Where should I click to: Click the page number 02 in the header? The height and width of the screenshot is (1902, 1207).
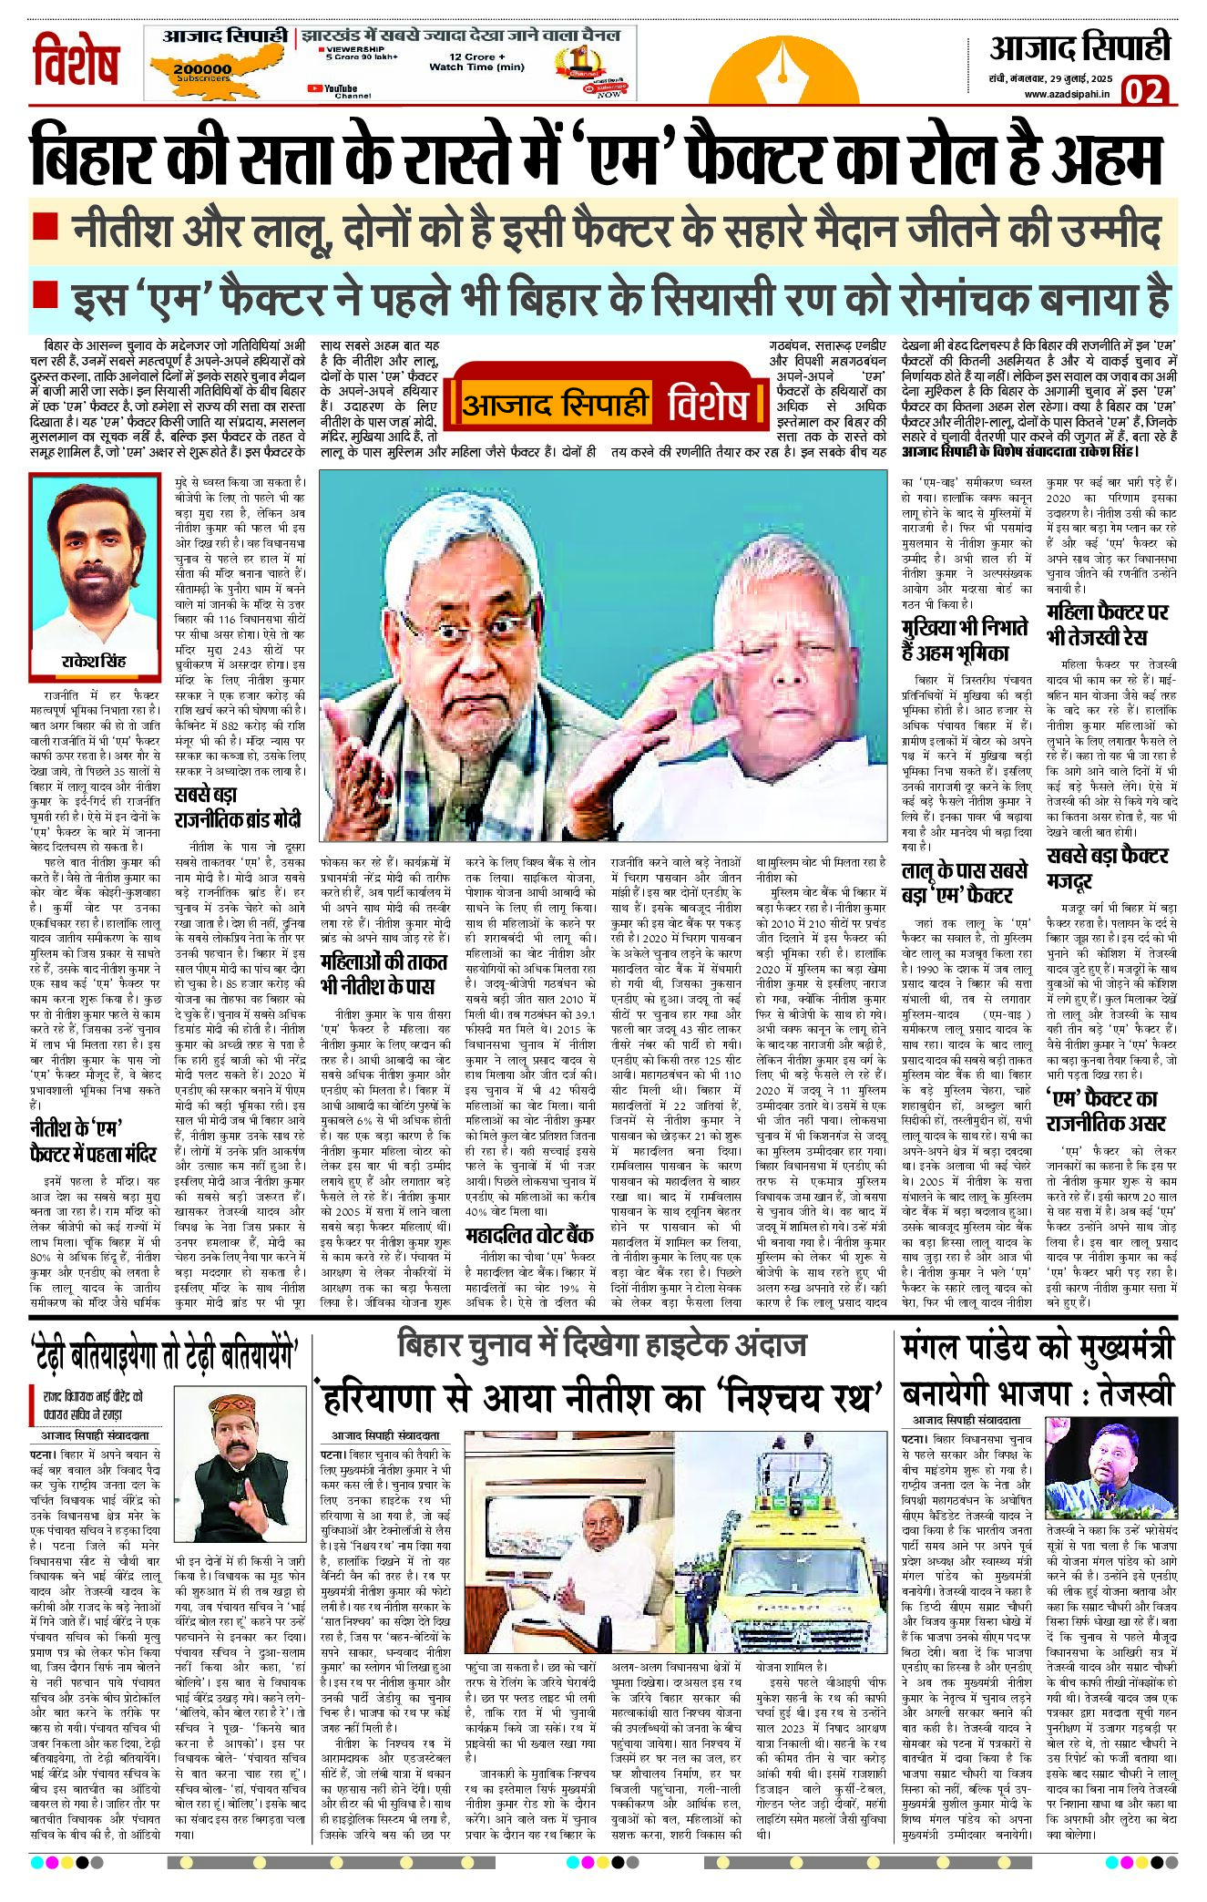tap(1143, 92)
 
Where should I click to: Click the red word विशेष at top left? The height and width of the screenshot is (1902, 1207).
tap(76, 63)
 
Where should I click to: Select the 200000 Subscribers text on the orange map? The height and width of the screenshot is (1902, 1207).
tap(202, 73)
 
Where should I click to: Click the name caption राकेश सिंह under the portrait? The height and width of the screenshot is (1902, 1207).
tap(95, 661)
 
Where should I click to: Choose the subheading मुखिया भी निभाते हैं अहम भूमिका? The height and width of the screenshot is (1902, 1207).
tap(965, 641)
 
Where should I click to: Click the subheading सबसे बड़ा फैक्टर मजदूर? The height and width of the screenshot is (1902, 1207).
tap(1108, 869)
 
